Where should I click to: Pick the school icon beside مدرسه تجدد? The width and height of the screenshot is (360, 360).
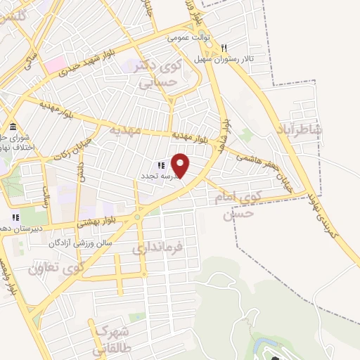[160, 165]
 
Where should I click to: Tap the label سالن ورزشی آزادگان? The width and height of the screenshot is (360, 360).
[75, 243]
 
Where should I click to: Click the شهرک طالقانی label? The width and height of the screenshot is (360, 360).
[109, 338]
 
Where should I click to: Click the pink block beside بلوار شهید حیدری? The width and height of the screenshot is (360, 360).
[55, 64]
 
